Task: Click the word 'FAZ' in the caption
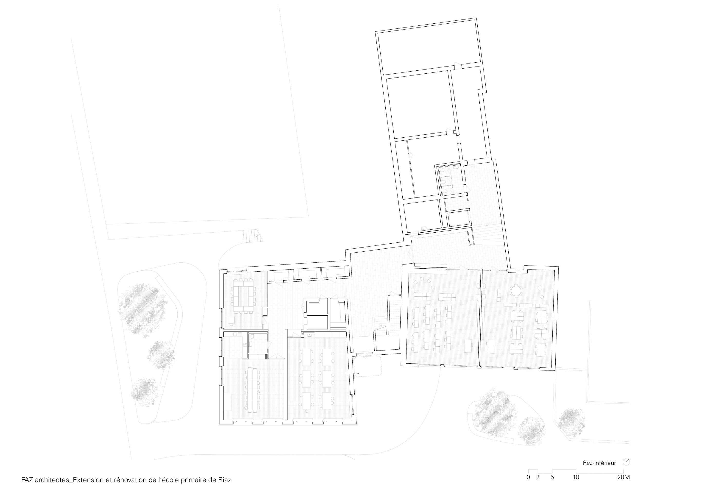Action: click(27, 480)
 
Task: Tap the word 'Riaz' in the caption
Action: click(224, 480)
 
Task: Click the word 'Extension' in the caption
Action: click(89, 480)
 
